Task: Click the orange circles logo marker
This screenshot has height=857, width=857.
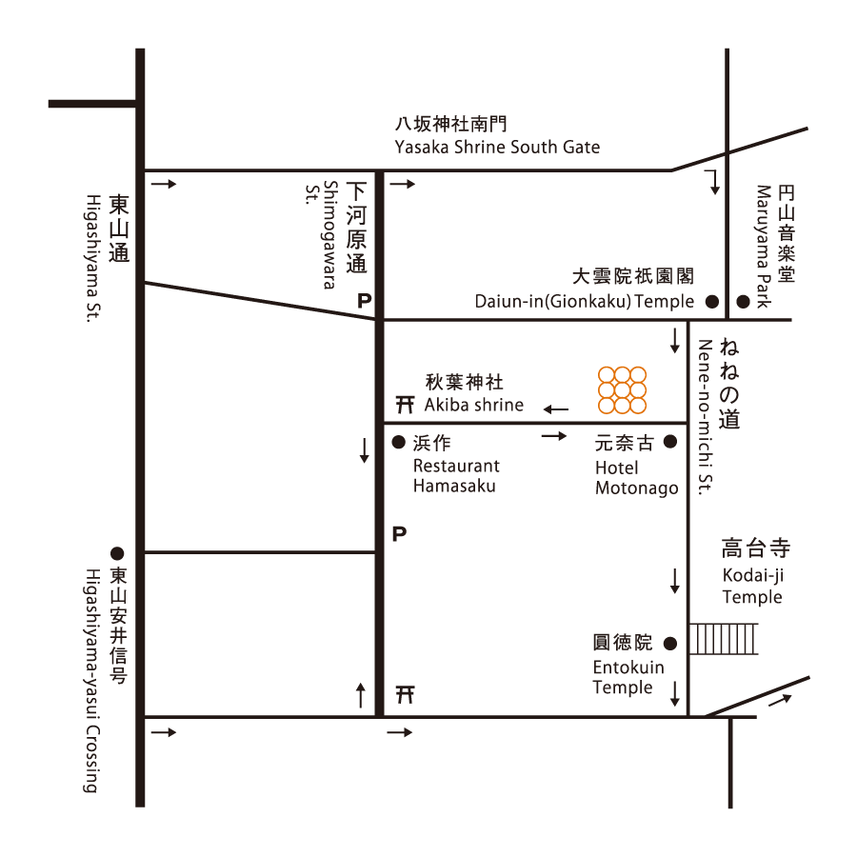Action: (622, 389)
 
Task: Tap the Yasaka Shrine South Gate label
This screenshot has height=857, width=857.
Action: (497, 147)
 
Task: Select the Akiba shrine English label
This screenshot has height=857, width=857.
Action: (474, 405)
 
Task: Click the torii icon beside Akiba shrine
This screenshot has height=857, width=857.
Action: (405, 405)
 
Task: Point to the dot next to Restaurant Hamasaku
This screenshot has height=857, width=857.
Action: (399, 442)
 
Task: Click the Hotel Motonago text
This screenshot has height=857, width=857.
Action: (637, 478)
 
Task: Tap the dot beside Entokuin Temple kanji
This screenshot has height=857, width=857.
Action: (670, 644)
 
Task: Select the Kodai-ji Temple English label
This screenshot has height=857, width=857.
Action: (752, 586)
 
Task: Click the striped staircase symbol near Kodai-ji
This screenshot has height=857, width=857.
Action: (723, 638)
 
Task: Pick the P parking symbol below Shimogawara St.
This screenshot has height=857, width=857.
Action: (364, 301)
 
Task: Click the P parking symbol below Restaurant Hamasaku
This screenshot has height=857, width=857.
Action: (400, 533)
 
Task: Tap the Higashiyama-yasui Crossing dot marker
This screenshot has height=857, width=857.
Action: (117, 553)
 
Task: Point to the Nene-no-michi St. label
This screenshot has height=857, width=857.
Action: (706, 417)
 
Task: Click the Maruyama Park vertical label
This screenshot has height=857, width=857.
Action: (764, 247)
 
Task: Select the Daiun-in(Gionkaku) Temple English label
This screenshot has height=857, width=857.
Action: (585, 301)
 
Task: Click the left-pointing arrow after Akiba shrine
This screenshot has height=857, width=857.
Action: (556, 409)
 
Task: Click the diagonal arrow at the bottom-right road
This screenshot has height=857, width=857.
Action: (781, 700)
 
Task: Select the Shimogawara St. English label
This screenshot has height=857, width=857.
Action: (322, 235)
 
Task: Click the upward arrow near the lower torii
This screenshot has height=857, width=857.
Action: (360, 695)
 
